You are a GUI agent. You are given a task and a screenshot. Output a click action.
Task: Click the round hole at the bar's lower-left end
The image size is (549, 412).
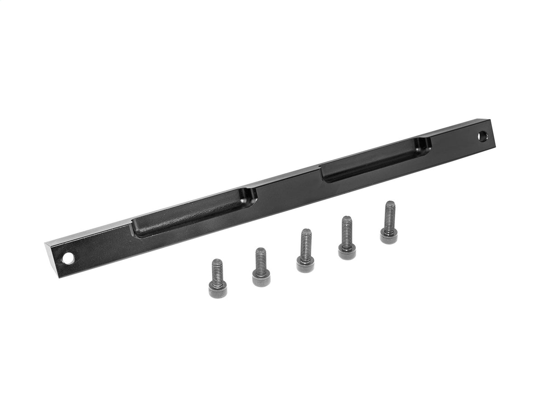68,259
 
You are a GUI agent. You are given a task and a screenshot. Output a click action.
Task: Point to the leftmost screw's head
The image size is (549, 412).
218,286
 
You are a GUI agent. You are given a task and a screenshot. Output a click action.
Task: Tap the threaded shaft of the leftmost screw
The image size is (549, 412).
217,269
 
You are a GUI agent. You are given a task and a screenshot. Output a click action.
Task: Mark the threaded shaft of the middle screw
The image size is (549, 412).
306,242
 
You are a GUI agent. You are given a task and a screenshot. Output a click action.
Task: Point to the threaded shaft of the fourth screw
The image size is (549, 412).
347,229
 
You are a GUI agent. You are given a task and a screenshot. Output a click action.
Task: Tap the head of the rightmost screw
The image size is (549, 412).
389,235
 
